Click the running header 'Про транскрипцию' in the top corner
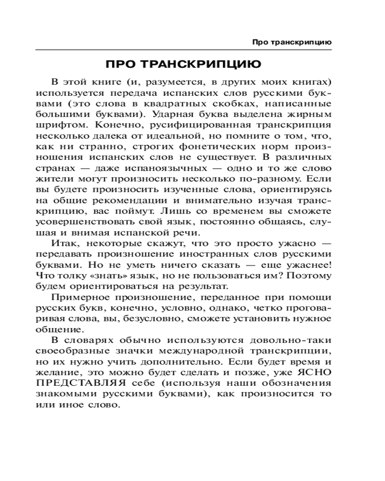[292, 42]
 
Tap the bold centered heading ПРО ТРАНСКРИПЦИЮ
[183, 64]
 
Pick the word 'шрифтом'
[52, 125]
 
